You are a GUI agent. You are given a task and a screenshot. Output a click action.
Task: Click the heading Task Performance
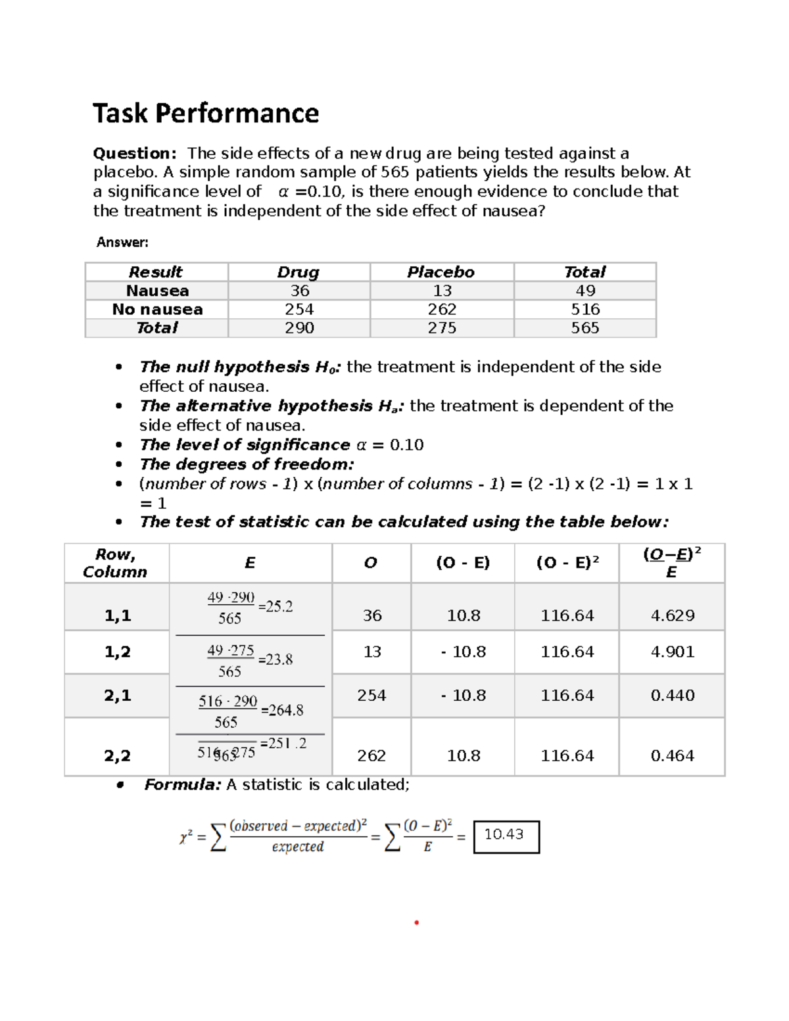(206, 113)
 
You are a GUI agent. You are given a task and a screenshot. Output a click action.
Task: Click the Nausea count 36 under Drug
(300, 291)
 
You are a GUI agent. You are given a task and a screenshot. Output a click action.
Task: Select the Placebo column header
(441, 272)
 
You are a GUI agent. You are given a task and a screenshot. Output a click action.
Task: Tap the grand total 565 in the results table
(585, 328)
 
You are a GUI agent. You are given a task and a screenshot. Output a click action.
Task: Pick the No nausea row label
(157, 310)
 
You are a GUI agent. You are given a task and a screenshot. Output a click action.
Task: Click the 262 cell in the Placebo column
(442, 310)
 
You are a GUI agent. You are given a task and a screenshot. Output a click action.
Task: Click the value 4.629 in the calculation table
(672, 615)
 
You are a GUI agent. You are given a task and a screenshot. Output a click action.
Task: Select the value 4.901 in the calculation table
(672, 652)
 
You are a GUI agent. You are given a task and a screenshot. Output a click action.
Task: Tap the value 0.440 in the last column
(672, 695)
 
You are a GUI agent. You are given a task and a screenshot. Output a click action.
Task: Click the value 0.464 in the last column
(672, 755)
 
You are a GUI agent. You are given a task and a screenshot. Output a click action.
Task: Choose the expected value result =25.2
(275, 607)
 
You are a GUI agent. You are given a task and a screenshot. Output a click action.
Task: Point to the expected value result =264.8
(282, 710)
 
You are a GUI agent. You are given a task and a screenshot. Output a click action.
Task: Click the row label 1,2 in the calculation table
(117, 652)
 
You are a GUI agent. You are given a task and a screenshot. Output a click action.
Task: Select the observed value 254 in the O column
(371, 695)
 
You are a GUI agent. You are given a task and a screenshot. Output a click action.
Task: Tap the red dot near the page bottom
(416, 922)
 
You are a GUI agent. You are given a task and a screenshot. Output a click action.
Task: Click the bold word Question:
(134, 153)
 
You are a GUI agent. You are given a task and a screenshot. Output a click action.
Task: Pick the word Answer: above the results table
(122, 242)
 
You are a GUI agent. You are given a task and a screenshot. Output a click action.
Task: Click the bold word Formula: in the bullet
(182, 784)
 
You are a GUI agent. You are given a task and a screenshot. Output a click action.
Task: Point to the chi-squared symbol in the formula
(185, 837)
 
